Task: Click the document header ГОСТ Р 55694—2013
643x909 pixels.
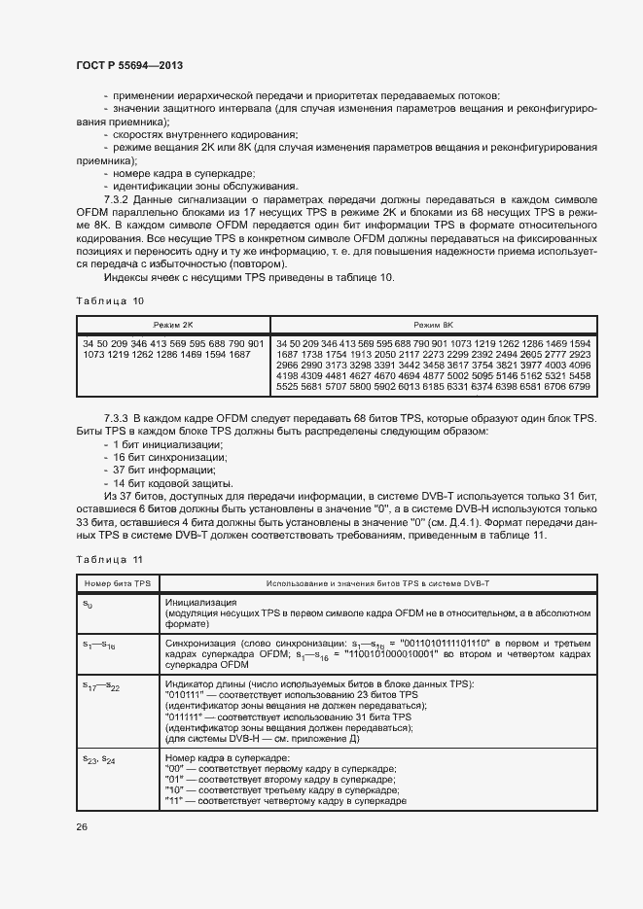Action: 129,65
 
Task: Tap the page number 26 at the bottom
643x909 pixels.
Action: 82,826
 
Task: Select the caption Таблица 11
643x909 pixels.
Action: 110,559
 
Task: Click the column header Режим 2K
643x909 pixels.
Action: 172,325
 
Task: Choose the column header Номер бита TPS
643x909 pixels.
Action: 116,581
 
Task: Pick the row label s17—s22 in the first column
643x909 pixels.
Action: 98,686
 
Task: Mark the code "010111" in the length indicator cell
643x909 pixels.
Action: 186,696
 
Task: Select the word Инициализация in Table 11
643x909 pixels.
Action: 201,603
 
